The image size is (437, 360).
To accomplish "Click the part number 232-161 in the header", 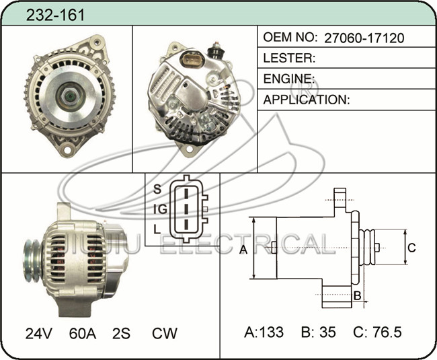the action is [x=55, y=15].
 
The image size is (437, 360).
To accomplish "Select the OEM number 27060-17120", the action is [x=364, y=38].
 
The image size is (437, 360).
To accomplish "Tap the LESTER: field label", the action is [x=289, y=58].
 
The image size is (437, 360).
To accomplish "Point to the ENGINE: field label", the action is [x=289, y=79].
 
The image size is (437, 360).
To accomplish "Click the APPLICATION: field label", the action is [x=307, y=100].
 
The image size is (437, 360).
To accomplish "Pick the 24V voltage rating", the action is [x=39, y=333].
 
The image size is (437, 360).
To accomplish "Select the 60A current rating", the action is [x=83, y=333].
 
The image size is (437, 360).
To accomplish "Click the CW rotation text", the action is [x=165, y=333].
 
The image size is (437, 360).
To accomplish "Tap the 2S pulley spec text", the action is [x=121, y=333].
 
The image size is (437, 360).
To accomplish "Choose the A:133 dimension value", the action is [x=264, y=332].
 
